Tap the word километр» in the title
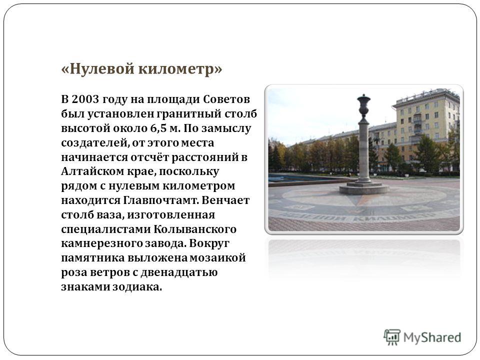(x=180, y=68)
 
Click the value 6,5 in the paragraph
(x=158, y=128)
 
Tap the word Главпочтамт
(x=161, y=200)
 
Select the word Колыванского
(x=195, y=229)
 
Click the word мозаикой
(x=217, y=258)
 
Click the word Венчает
(x=225, y=200)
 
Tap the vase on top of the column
(x=363, y=106)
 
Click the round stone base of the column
(x=364, y=188)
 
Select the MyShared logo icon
(x=392, y=337)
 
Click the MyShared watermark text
(x=432, y=337)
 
